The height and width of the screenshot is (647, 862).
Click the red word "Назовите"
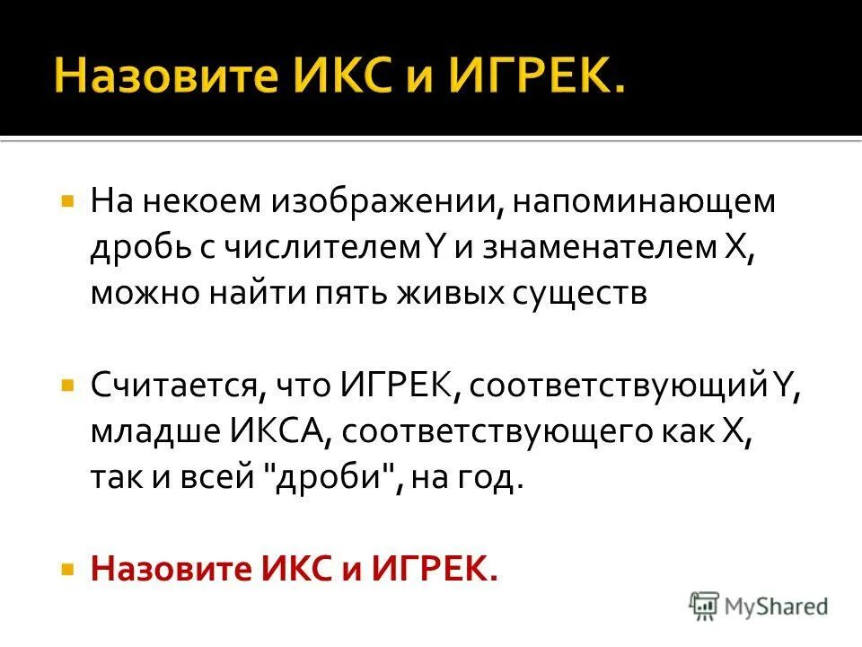point(172,571)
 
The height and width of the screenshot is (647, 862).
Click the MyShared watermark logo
point(759,605)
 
